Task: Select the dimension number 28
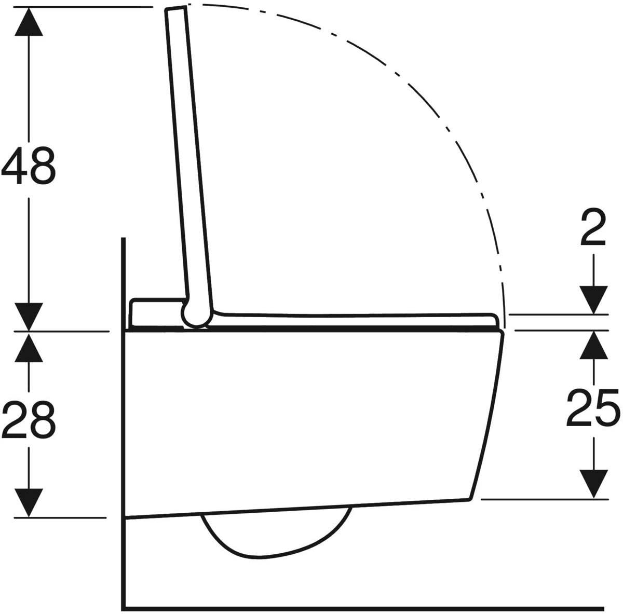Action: pos(29,420)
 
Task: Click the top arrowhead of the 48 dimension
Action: pos(29,22)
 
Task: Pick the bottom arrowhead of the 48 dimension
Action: pos(29,317)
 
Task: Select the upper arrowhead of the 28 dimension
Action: pos(29,348)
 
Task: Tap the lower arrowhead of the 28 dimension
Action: pos(29,502)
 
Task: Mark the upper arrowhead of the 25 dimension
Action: pos(593,345)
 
